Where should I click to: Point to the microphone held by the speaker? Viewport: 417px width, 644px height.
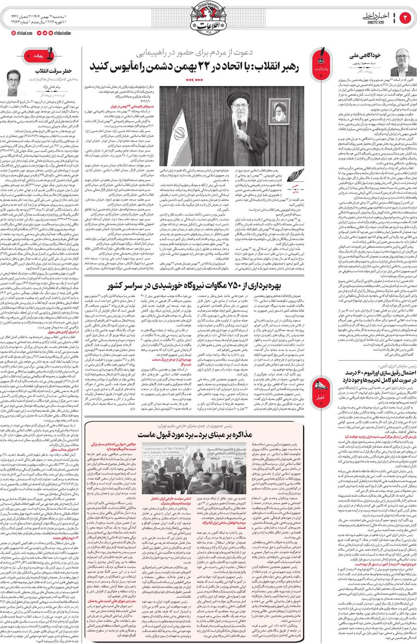pyautogui.click(x=239, y=124)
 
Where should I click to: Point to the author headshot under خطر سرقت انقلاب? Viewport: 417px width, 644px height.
pyautogui.click(x=14, y=83)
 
